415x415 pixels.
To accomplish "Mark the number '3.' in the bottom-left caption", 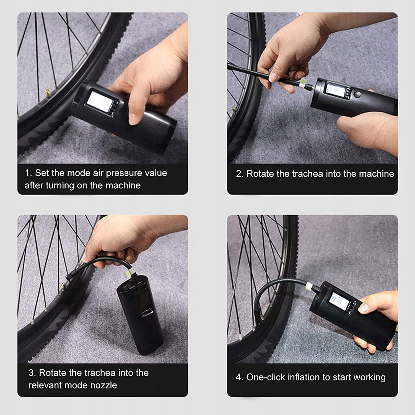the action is coord(32,373).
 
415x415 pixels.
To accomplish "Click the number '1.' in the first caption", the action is coord(28,173).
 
